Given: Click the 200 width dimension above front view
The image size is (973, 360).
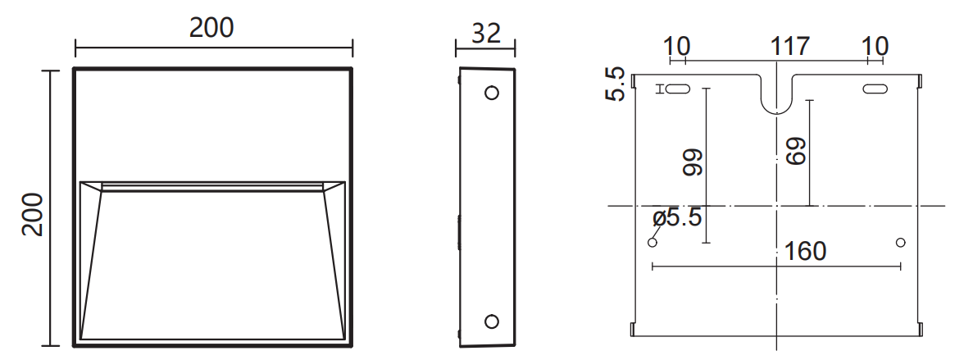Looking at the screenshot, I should click(x=211, y=28).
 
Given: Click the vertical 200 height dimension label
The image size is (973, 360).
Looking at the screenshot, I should click(x=32, y=215).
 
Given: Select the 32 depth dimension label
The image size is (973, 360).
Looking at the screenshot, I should click(x=486, y=34).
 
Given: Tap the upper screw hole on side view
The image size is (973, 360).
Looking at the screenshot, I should click(x=491, y=93).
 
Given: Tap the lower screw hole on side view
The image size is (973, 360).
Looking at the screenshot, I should click(x=491, y=321).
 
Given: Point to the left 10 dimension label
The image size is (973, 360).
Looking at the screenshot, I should click(x=676, y=46).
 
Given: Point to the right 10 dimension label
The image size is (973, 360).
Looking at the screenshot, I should click(x=875, y=46).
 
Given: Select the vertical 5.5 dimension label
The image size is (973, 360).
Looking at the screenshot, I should click(x=616, y=84).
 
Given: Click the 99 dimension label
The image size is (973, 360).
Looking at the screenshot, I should click(x=693, y=162).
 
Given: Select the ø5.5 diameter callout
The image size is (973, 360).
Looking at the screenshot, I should click(x=677, y=218).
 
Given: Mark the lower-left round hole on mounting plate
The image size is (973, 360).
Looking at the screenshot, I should click(x=653, y=243).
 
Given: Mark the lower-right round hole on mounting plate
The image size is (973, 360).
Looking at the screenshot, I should click(x=900, y=243).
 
